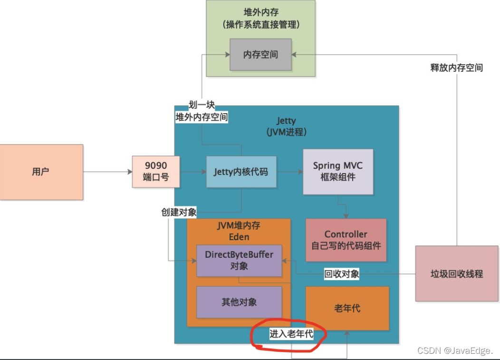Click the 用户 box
pos(41,172)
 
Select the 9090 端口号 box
pos(156,172)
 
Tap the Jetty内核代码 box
pos(241,172)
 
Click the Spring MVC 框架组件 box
pos(338,172)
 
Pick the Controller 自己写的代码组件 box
pos(346,240)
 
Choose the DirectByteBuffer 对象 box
pos(239,261)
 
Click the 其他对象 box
pos(239,302)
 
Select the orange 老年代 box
pos(347,308)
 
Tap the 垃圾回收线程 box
pos(457,273)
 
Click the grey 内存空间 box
pos(261,55)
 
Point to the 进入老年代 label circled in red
pos(291,334)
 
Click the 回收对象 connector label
pos(342,274)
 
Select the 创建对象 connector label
pos(179,212)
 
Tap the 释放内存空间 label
pos(457,68)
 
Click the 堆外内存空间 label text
pos(202,117)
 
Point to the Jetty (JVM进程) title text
pos(286,126)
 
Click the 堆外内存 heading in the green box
pos(261,12)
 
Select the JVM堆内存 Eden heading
pos(239,231)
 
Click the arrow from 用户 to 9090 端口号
pos(108,172)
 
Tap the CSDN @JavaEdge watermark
pos(455,350)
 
